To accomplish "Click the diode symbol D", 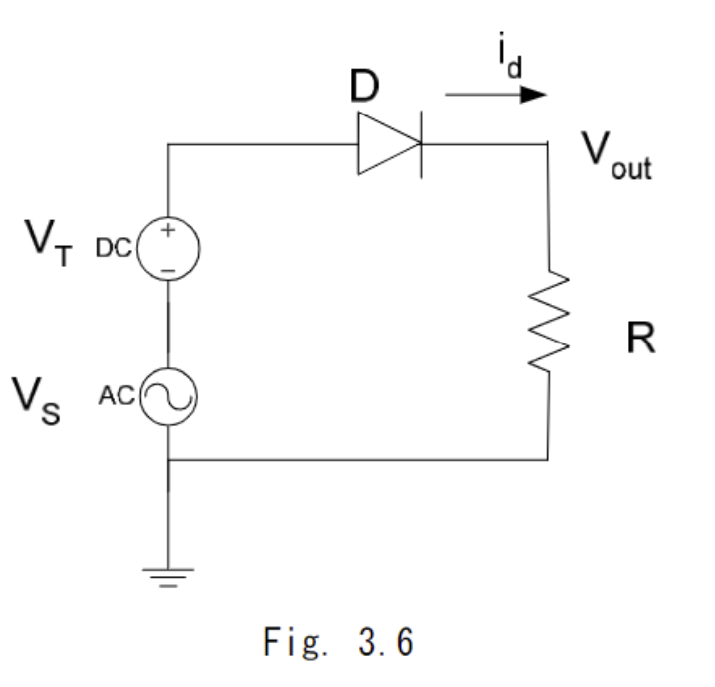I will (388, 145).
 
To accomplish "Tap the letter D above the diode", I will (365, 89).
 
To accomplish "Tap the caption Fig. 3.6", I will (339, 643).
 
